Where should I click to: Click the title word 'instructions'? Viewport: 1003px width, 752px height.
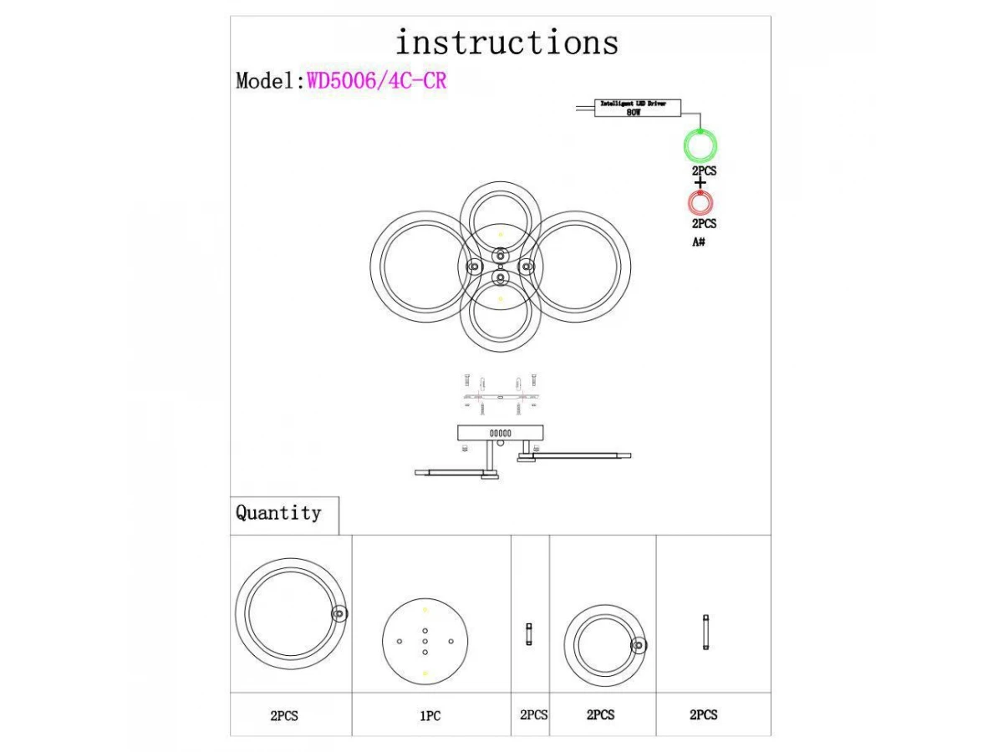(507, 42)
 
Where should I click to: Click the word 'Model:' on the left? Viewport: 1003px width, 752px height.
(269, 81)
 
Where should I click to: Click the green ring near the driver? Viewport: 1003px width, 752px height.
(700, 146)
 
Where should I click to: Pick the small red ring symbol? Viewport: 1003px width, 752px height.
(700, 203)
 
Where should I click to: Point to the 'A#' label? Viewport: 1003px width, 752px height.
(699, 241)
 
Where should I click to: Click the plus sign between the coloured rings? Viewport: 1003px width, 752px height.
(700, 182)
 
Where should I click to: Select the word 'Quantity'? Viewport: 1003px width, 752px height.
(278, 513)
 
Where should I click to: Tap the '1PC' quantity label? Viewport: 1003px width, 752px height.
(430, 716)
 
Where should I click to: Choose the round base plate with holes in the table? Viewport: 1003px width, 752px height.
(425, 641)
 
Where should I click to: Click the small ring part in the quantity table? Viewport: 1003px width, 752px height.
(603, 646)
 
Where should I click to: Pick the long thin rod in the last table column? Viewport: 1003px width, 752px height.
(705, 633)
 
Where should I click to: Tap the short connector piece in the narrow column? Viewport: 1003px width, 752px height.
(529, 634)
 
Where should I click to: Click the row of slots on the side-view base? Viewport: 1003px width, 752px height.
(500, 434)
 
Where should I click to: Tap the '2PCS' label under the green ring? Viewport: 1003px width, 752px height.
(704, 170)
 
